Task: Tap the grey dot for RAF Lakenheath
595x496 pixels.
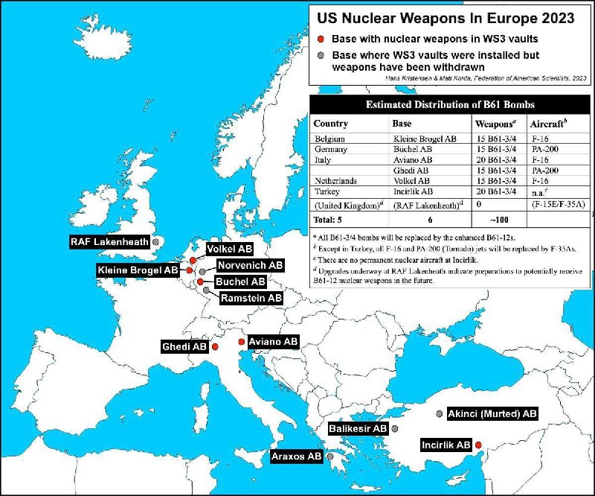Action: coord(156,242)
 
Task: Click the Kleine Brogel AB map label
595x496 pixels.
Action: coord(138,270)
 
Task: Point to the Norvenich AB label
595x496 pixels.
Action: coord(249,265)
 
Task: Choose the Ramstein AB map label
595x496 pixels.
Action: coord(251,298)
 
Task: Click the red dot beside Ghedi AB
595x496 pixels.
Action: coord(215,347)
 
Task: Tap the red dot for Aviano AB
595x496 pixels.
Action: coord(241,342)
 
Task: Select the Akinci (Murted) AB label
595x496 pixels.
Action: coord(492,413)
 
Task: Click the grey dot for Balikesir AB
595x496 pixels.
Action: coord(394,429)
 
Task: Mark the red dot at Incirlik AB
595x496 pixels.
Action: coord(478,445)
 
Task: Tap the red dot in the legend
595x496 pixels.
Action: coord(320,39)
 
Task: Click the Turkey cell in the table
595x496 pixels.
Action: coord(329,191)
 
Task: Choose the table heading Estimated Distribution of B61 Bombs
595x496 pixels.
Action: coord(449,104)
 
